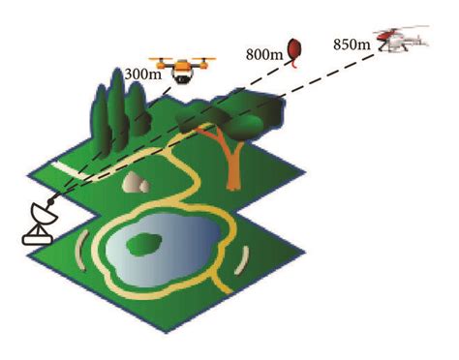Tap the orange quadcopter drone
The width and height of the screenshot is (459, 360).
click(180, 72)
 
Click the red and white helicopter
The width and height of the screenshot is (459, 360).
click(401, 42)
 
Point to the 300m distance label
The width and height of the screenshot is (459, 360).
click(142, 74)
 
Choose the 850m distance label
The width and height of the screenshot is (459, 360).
click(350, 44)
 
